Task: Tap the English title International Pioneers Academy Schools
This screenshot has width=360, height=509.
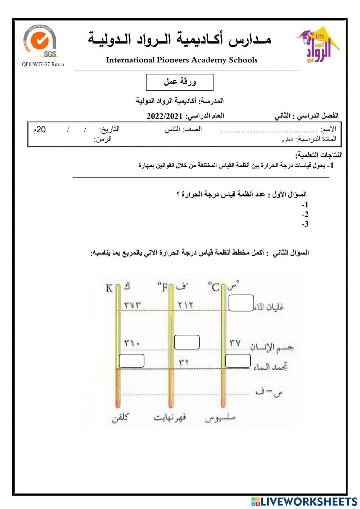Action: [181, 60]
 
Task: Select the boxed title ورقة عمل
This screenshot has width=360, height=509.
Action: [180, 82]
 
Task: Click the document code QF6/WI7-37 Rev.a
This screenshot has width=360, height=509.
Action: [42, 64]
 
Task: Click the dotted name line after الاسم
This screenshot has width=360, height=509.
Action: [269, 131]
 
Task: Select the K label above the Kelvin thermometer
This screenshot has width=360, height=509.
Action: [109, 288]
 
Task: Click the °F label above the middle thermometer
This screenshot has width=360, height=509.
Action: [163, 288]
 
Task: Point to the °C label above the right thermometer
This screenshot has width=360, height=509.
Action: [213, 287]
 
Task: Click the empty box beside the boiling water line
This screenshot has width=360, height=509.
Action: [241, 303]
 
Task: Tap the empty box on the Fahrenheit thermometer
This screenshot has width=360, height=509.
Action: [186, 342]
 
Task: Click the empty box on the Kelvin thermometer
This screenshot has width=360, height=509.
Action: [131, 361]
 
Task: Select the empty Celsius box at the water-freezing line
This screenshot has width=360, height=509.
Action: [238, 361]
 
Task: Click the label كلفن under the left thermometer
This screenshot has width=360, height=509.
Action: [120, 418]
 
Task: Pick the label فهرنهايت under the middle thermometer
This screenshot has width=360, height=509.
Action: [170, 418]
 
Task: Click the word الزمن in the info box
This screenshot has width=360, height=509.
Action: [103, 139]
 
